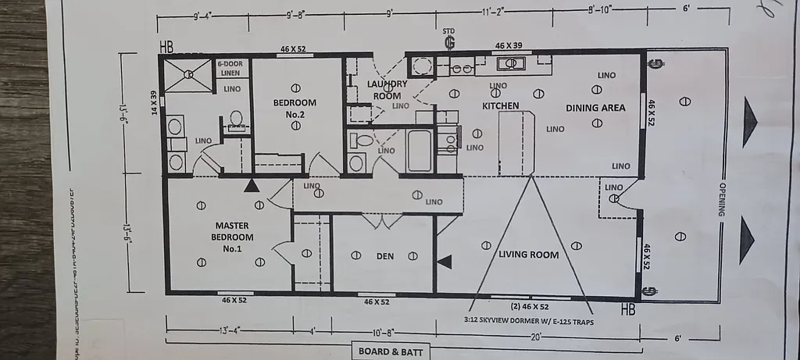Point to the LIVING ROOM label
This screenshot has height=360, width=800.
[x=529, y=255]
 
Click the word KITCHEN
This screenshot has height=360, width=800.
[x=501, y=105]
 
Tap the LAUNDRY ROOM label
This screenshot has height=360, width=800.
[x=387, y=90]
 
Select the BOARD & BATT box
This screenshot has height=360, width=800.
[x=390, y=352]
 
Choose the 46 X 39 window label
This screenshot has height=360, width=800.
[x=509, y=46]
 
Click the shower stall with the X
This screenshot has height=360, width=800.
[x=188, y=75]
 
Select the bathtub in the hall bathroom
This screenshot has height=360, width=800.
[x=420, y=149]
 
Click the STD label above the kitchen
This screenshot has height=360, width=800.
[x=449, y=32]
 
